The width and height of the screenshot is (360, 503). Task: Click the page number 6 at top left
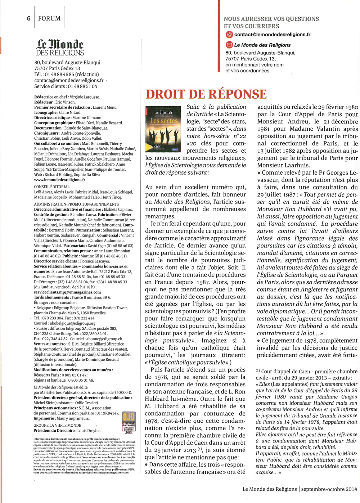29,18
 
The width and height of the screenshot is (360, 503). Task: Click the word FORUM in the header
49,18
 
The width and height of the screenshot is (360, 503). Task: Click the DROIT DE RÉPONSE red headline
206,94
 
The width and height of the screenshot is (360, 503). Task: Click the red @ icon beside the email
229,35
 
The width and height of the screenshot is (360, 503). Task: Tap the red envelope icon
229,45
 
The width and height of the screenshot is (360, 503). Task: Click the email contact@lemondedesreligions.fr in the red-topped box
272,35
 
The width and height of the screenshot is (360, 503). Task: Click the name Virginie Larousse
84,97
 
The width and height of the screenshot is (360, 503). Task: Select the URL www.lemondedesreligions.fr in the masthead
60,180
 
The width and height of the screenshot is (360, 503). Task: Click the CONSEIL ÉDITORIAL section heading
52,187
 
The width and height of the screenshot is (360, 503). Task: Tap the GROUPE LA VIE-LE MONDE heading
57,425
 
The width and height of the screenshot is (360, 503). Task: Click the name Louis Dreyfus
89,431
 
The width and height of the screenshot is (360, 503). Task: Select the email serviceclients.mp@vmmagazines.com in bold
67,292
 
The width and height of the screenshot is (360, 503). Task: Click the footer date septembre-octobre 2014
329,489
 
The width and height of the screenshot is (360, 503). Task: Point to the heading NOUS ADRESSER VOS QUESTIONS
271,19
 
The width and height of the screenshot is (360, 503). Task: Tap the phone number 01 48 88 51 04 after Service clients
82,86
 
